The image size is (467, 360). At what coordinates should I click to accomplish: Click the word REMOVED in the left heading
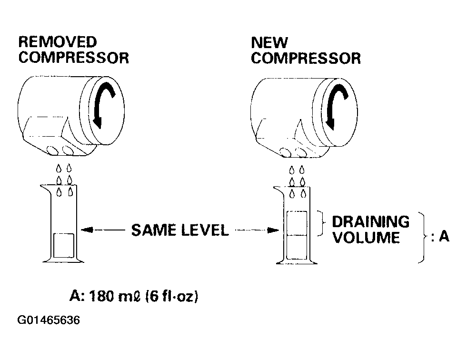click(58, 42)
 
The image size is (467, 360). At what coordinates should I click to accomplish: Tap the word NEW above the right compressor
click(269, 42)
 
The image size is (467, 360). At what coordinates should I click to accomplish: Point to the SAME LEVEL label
click(180, 230)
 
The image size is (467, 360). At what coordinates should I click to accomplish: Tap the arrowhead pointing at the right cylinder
click(273, 230)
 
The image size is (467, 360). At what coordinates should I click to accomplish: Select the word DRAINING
click(371, 222)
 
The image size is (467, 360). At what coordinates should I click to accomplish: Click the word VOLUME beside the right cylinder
click(366, 238)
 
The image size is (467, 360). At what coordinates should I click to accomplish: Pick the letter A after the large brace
click(444, 236)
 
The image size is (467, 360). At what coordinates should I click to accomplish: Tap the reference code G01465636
click(49, 320)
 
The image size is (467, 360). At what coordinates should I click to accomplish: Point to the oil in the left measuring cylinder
click(63, 246)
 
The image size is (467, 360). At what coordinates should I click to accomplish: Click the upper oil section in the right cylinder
click(297, 223)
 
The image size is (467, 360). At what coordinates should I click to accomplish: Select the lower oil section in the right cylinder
click(297, 247)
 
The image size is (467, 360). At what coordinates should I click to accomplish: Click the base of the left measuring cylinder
click(63, 260)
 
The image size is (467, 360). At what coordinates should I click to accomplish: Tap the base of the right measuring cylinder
click(297, 261)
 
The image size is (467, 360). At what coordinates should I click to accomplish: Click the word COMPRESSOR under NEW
click(306, 59)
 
